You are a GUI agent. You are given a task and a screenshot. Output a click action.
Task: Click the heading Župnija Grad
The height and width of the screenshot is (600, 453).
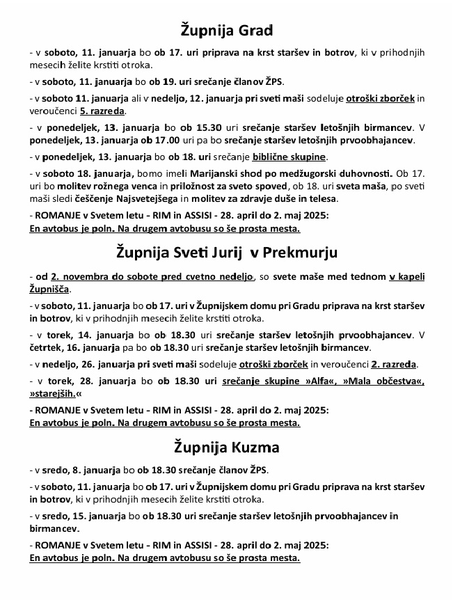(x=226, y=31)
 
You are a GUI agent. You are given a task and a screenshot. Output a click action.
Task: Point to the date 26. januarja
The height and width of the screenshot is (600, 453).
(x=113, y=364)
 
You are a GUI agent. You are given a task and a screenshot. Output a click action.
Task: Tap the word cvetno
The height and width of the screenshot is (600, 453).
(x=189, y=276)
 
